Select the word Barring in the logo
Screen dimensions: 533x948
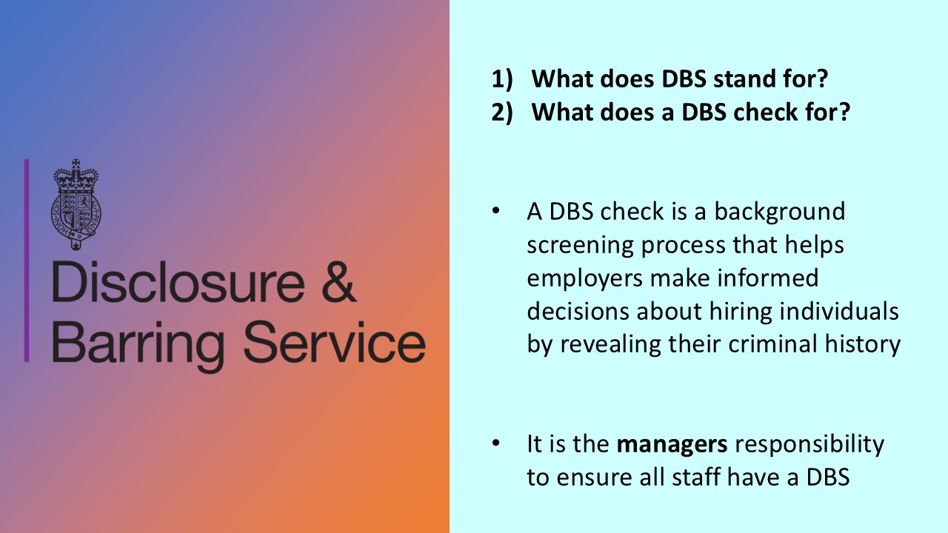(139, 343)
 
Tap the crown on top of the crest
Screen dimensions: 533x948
(76, 175)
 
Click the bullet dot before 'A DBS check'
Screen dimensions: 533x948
(496, 212)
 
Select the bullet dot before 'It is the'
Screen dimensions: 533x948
(496, 444)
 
